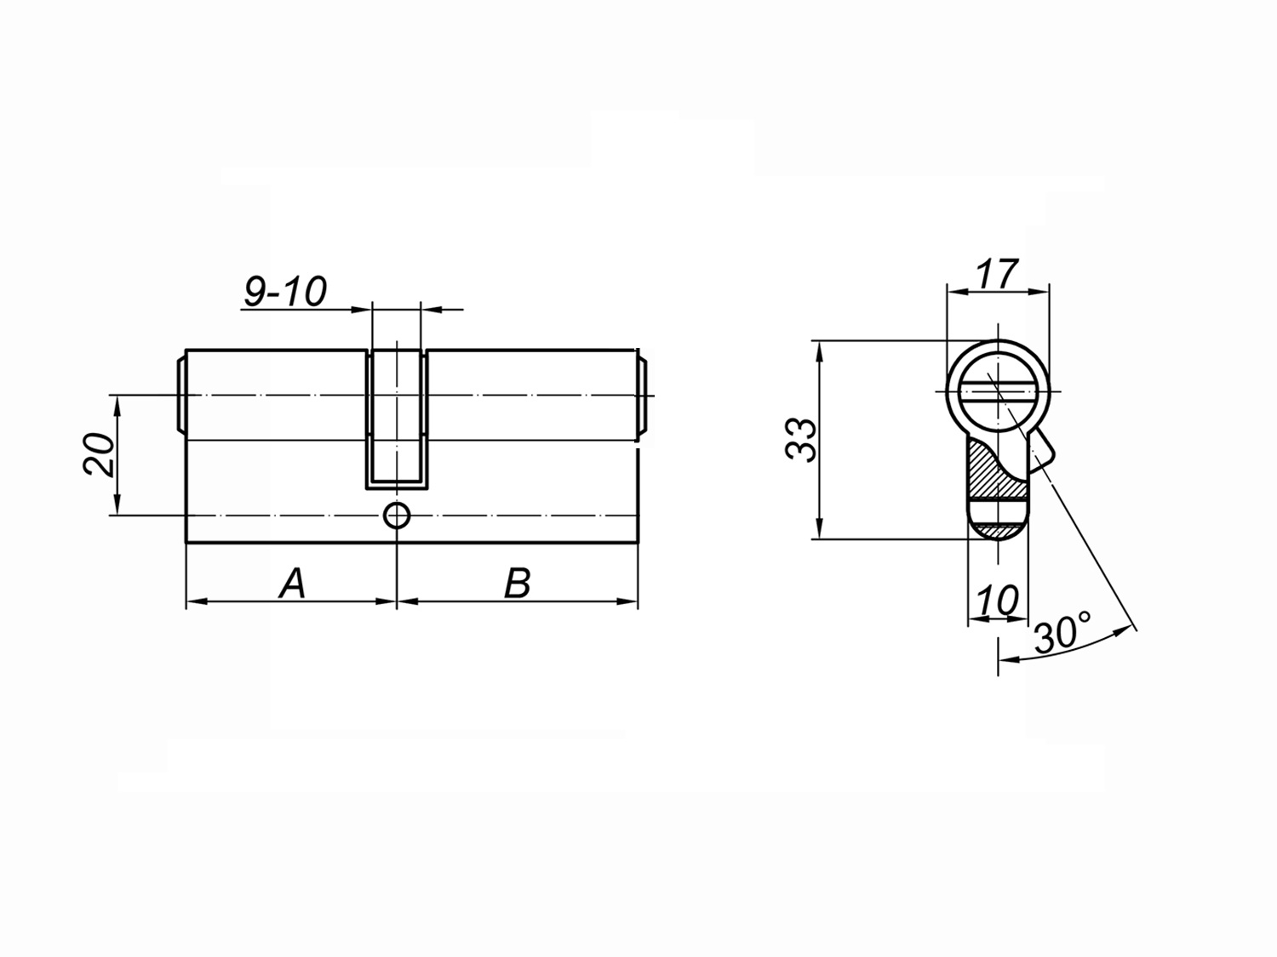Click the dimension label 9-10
click(x=284, y=292)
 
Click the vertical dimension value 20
click(x=98, y=454)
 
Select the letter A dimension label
click(x=292, y=584)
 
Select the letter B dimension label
click(x=517, y=584)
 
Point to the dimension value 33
click(x=801, y=440)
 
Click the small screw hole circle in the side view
click(x=396, y=515)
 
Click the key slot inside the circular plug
click(x=996, y=391)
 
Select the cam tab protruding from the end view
click(x=1042, y=452)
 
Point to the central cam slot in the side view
click(x=396, y=417)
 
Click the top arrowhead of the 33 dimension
click(x=819, y=350)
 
